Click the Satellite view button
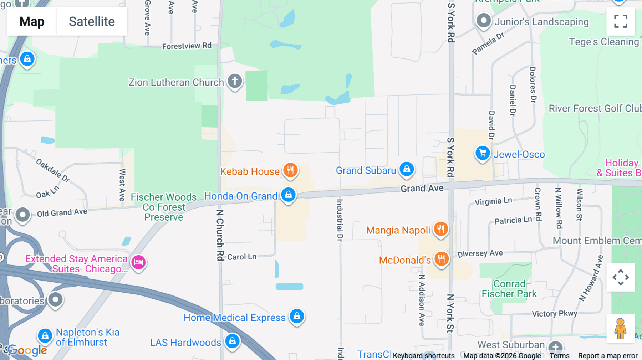pyautogui.click(x=92, y=21)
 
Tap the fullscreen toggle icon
pyautogui.click(x=621, y=21)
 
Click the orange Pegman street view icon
pyautogui.click(x=620, y=329)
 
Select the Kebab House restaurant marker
pyautogui.click(x=290, y=170)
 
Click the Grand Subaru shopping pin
pyautogui.click(x=407, y=169)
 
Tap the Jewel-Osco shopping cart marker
pyautogui.click(x=483, y=153)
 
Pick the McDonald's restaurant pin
pyautogui.click(x=441, y=259)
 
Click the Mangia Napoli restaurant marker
pyautogui.click(x=441, y=229)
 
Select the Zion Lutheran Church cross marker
pyautogui.click(x=235, y=81)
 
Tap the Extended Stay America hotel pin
pyautogui.click(x=138, y=263)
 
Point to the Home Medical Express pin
pyautogui.click(x=297, y=316)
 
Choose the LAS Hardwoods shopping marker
pyautogui.click(x=232, y=341)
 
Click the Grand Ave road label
pyautogui.click(x=422, y=189)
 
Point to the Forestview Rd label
pyautogui.click(x=187, y=46)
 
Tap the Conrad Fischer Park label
pyautogui.click(x=509, y=289)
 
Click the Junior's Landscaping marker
pyautogui.click(x=484, y=21)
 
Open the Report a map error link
pyautogui.click(x=607, y=356)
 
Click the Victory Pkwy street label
pyautogui.click(x=554, y=314)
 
